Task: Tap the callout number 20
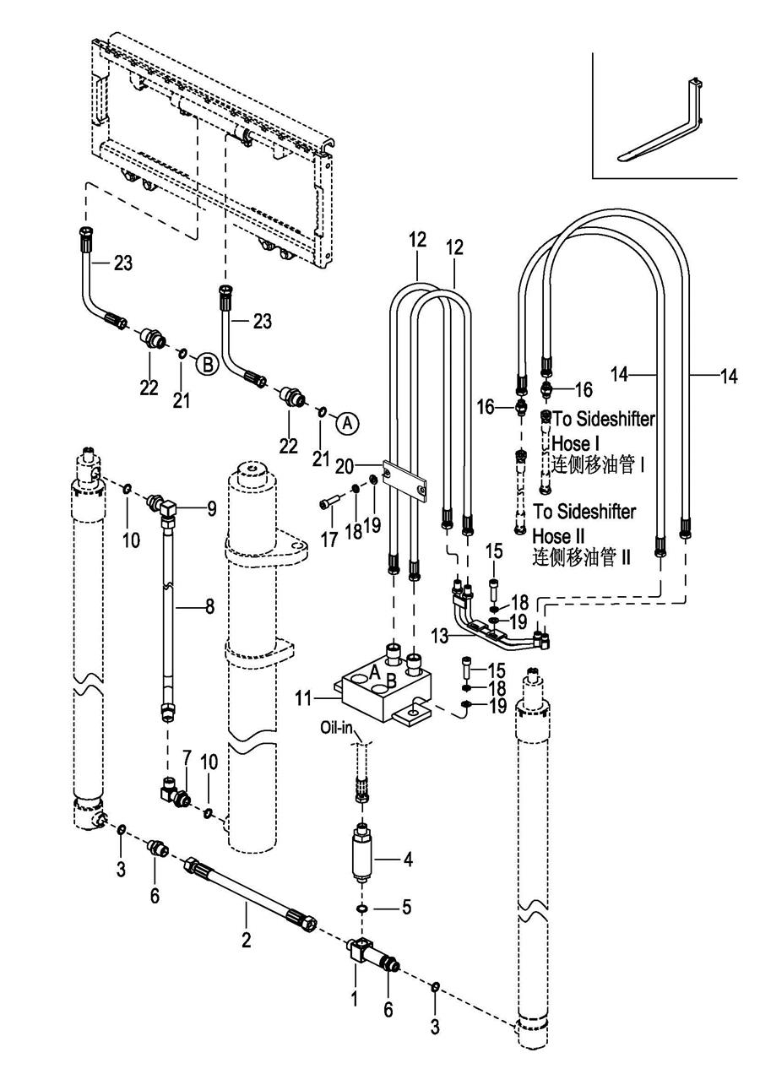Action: (366, 465)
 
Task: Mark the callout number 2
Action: (246, 937)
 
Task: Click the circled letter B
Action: (206, 366)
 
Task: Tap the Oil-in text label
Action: (341, 727)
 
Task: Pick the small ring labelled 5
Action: (362, 909)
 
